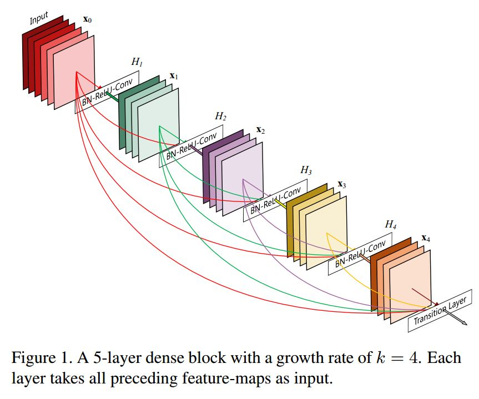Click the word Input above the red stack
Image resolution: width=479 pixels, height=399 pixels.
coord(39,18)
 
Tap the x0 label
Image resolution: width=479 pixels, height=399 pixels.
coord(87,19)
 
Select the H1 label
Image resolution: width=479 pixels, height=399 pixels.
coord(137,62)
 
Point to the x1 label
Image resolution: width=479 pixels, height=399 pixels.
coord(174,76)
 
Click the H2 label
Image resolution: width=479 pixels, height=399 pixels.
coord(220,116)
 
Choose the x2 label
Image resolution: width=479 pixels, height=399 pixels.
coord(260,130)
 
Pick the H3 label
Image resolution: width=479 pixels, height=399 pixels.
coord(306,170)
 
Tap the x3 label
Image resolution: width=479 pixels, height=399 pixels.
coord(341,184)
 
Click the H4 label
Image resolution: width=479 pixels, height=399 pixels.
coord(391,225)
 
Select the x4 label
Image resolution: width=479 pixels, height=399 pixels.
coord(426,238)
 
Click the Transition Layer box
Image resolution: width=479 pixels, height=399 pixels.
coord(440,310)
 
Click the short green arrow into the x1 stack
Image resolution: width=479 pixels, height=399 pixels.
coord(112,97)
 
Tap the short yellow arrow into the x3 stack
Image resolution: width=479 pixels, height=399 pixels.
coord(280,204)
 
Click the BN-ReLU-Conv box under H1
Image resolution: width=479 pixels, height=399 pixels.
coord(107,92)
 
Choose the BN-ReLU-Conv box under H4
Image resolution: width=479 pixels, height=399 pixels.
coord(360,254)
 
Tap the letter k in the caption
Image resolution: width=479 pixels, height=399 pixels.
coord(380,357)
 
